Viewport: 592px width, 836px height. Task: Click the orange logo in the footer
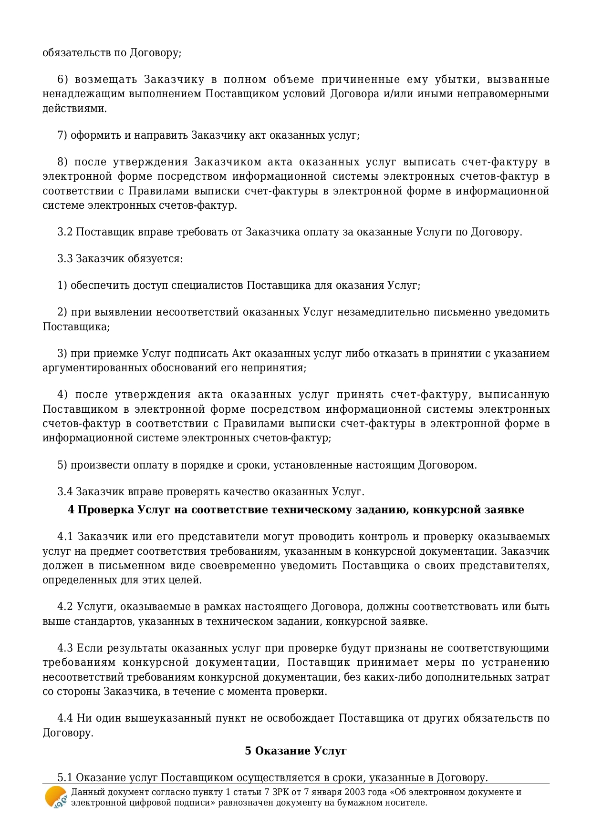pos(56,797)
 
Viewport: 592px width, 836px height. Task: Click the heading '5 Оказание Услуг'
pos(296,751)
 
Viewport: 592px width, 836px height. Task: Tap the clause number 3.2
pos(65,232)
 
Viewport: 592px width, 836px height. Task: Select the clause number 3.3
pos(65,259)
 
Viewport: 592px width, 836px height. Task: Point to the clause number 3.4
pos(65,491)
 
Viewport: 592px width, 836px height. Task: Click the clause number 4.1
pos(65,537)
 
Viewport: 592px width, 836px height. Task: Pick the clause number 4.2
pos(65,607)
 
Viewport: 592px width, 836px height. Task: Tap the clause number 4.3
pos(65,648)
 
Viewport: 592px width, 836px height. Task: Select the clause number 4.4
pos(65,718)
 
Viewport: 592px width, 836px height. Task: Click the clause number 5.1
pos(65,778)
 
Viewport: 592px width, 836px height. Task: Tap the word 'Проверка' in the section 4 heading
pos(105,510)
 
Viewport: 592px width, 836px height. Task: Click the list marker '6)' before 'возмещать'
pos(63,80)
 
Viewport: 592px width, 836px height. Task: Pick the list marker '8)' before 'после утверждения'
pos(63,162)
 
